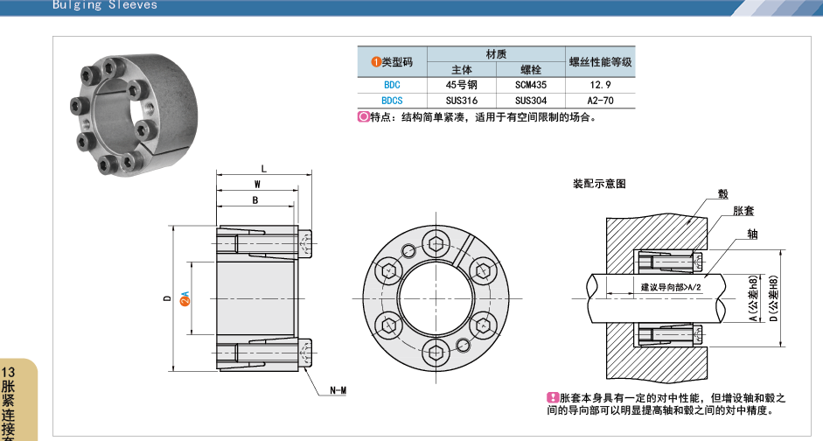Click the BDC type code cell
coord(392,85)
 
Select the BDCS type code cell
coord(392,101)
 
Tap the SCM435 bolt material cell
coord(531,85)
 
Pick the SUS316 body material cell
coord(461,101)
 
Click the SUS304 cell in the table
coord(531,101)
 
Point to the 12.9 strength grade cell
coord(600,85)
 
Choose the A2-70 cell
coord(600,101)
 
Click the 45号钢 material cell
coord(461,85)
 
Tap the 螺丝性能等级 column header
coord(600,62)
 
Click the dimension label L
coord(263,169)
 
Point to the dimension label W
coord(257,185)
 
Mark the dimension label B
coord(255,200)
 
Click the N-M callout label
coord(338,389)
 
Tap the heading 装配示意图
coord(599,185)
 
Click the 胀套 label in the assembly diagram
coord(744,211)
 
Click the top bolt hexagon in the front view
coord(436,241)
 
